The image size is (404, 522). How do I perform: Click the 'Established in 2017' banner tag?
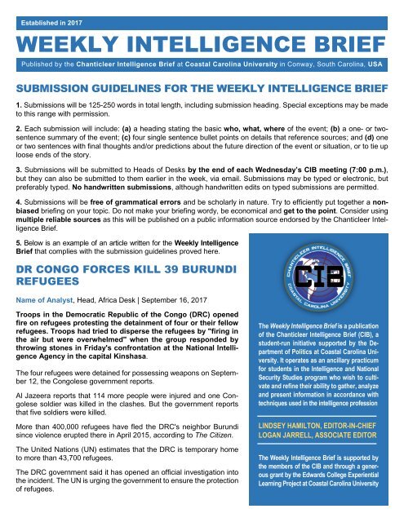53,12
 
